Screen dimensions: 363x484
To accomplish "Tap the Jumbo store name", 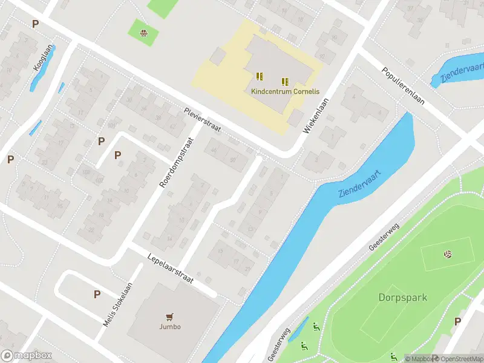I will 170,327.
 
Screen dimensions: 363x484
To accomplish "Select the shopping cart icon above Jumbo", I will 170,316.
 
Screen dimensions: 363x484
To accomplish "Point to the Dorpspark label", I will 403,298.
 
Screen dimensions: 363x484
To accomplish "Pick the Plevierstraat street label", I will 203,120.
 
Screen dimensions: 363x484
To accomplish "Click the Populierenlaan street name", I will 402,85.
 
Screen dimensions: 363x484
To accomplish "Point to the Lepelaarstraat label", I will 170,269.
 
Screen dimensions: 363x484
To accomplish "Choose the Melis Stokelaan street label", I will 117,305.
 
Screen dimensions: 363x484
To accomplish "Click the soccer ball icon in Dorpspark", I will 448,254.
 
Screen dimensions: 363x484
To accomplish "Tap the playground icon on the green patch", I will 143,33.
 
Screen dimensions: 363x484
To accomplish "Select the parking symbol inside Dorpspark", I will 457,321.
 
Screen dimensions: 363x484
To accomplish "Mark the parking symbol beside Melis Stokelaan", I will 96,294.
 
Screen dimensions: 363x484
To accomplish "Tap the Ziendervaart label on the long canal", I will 360,183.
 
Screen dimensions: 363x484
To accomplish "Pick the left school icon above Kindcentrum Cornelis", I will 260,76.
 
